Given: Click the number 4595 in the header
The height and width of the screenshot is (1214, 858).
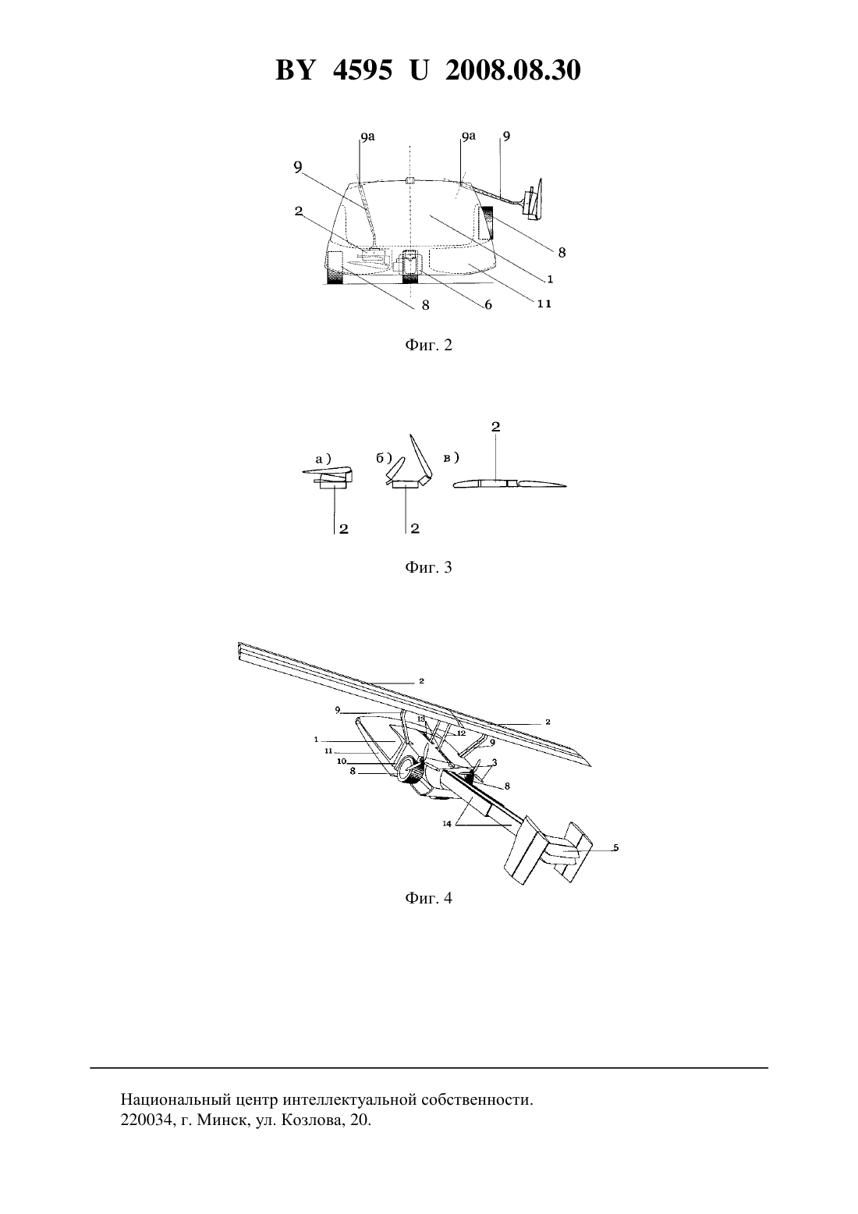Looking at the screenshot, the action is pyautogui.click(x=363, y=70).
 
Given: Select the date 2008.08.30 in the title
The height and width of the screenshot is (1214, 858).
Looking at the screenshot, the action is pyautogui.click(x=513, y=70).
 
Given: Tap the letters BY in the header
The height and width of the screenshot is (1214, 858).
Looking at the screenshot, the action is pyautogui.click(x=295, y=70).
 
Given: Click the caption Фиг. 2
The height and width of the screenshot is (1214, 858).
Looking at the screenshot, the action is pyautogui.click(x=428, y=345).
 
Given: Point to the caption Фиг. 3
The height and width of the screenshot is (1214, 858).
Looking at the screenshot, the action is pyautogui.click(x=428, y=567).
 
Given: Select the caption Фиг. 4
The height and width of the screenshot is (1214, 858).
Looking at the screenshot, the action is pyautogui.click(x=428, y=897).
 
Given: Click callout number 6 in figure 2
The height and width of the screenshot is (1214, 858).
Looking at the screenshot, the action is pyautogui.click(x=488, y=304).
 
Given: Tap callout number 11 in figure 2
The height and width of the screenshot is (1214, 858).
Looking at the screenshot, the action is pyautogui.click(x=544, y=303).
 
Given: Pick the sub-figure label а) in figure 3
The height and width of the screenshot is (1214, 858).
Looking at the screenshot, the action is pyautogui.click(x=324, y=458).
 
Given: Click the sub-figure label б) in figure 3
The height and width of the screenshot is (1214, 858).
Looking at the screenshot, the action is pyautogui.click(x=384, y=458).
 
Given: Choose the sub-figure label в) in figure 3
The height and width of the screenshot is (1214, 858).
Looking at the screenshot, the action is pyautogui.click(x=451, y=458).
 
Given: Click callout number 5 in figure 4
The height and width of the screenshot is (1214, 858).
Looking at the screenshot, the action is pyautogui.click(x=615, y=847).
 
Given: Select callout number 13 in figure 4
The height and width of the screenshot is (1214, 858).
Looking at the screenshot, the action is pyautogui.click(x=421, y=719).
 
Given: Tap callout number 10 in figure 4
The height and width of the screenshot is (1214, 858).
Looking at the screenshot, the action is pyautogui.click(x=342, y=761).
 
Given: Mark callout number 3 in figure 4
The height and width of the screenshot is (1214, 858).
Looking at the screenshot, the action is pyautogui.click(x=495, y=762).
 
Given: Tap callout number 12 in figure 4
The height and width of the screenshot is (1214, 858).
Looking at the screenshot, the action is pyautogui.click(x=461, y=733).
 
